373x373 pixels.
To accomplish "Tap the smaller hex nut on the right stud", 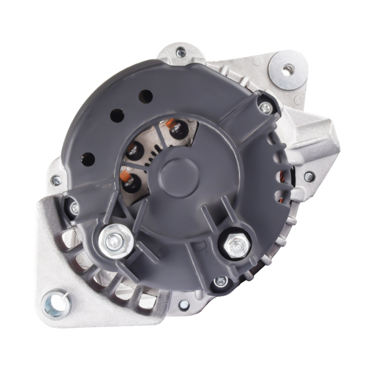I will (x=236, y=245).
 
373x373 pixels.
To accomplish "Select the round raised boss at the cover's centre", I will (x=178, y=170).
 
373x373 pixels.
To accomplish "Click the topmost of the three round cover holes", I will (x=145, y=96).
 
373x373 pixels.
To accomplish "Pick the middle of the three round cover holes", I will (x=116, y=116).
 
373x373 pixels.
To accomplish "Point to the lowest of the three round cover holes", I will (x=88, y=159).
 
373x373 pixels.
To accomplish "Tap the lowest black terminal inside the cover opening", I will (x=131, y=182).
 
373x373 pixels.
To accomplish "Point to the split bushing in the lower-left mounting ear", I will (x=55, y=303).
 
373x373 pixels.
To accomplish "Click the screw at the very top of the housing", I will (x=181, y=53).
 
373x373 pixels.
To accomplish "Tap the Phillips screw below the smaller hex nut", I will (x=219, y=282).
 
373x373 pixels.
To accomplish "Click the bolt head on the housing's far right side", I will (x=308, y=177).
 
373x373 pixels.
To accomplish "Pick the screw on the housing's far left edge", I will (x=56, y=180).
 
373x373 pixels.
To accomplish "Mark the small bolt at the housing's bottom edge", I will (x=184, y=305).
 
